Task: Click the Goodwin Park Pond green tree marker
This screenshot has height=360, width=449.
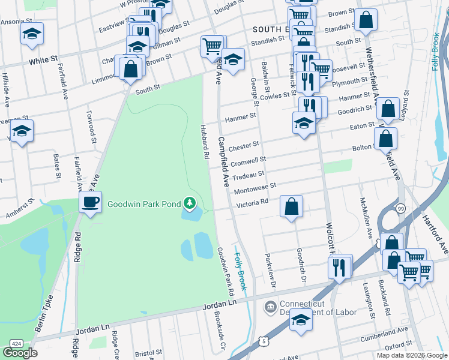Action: pos(190,204)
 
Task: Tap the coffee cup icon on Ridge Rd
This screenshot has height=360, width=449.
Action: pos(90,202)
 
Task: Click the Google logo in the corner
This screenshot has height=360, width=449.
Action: pos(20,353)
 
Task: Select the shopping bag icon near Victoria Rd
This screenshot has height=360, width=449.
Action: pos(291,207)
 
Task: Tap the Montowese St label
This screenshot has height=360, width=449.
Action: pos(256,188)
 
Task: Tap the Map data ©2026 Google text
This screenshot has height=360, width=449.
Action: pos(412,355)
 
